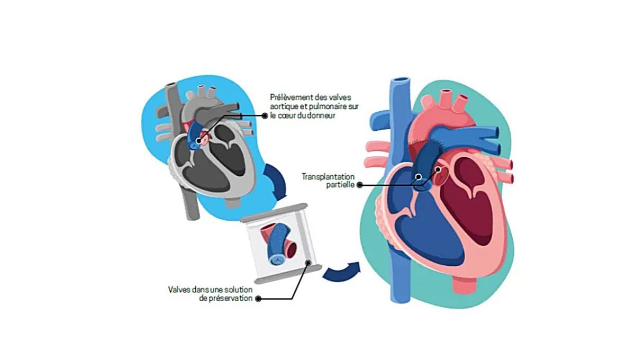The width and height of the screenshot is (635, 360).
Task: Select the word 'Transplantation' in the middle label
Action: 328,176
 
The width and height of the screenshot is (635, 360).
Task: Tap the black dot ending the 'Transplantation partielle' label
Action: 360,185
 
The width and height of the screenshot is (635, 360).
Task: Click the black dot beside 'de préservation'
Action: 258,299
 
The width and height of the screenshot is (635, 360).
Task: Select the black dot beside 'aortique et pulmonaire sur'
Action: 265,115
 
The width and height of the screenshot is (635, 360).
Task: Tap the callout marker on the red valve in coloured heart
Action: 438,170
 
